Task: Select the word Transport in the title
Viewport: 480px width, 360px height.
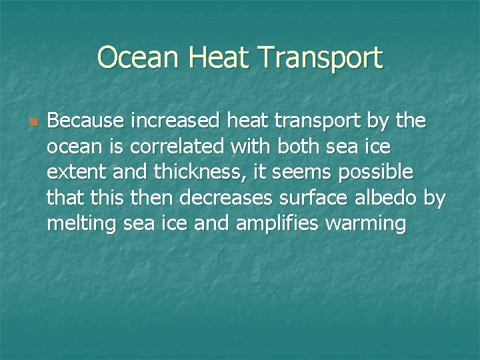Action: click(x=319, y=59)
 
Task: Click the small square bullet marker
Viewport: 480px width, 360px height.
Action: click(x=33, y=123)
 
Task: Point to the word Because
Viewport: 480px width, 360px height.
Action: click(x=85, y=121)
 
